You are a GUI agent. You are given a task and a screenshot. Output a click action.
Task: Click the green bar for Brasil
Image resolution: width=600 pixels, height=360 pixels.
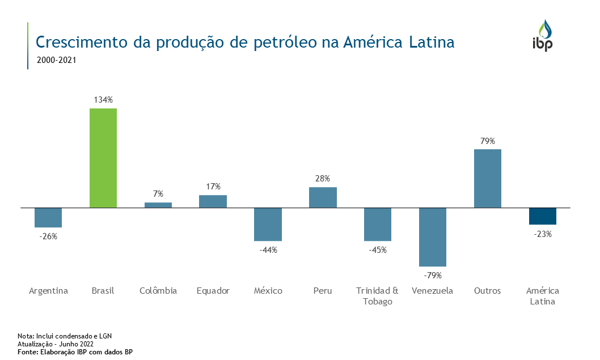point(103,158)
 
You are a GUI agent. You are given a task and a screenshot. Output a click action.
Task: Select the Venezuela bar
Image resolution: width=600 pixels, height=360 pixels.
point(433,237)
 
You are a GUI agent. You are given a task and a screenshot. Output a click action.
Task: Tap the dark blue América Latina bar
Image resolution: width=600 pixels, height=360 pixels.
point(543,216)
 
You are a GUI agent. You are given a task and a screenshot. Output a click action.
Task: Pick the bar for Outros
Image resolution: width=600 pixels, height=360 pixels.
point(488,178)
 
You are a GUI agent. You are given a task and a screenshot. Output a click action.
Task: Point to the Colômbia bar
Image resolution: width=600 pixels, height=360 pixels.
point(158,205)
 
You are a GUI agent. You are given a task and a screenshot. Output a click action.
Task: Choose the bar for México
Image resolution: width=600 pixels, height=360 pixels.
point(268,225)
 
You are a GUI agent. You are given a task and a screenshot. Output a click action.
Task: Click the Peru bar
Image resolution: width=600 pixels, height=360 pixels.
point(323,197)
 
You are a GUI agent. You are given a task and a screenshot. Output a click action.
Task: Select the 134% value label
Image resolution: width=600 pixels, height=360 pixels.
point(103,100)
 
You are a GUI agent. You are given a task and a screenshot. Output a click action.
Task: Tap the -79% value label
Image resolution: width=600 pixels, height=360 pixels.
point(433,276)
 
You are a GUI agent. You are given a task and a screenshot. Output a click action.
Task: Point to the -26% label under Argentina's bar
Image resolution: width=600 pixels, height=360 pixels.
point(48,236)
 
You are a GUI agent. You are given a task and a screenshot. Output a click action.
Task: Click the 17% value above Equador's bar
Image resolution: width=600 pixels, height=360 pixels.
point(213,187)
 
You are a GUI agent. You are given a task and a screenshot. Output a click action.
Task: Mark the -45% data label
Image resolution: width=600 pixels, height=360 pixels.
point(378,250)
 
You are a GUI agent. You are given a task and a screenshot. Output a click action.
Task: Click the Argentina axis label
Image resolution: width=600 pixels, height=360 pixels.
point(48,291)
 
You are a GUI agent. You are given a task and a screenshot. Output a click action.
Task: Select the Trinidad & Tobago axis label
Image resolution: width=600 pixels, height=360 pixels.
point(378,296)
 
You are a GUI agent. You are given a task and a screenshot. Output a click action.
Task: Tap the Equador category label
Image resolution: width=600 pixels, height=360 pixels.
point(213,291)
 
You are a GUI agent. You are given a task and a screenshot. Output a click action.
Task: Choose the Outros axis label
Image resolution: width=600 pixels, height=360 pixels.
point(488,291)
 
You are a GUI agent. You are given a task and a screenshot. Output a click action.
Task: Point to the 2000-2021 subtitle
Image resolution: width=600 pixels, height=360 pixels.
point(56,59)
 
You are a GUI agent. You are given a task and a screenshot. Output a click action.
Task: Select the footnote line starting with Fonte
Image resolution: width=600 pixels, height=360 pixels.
point(75,352)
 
